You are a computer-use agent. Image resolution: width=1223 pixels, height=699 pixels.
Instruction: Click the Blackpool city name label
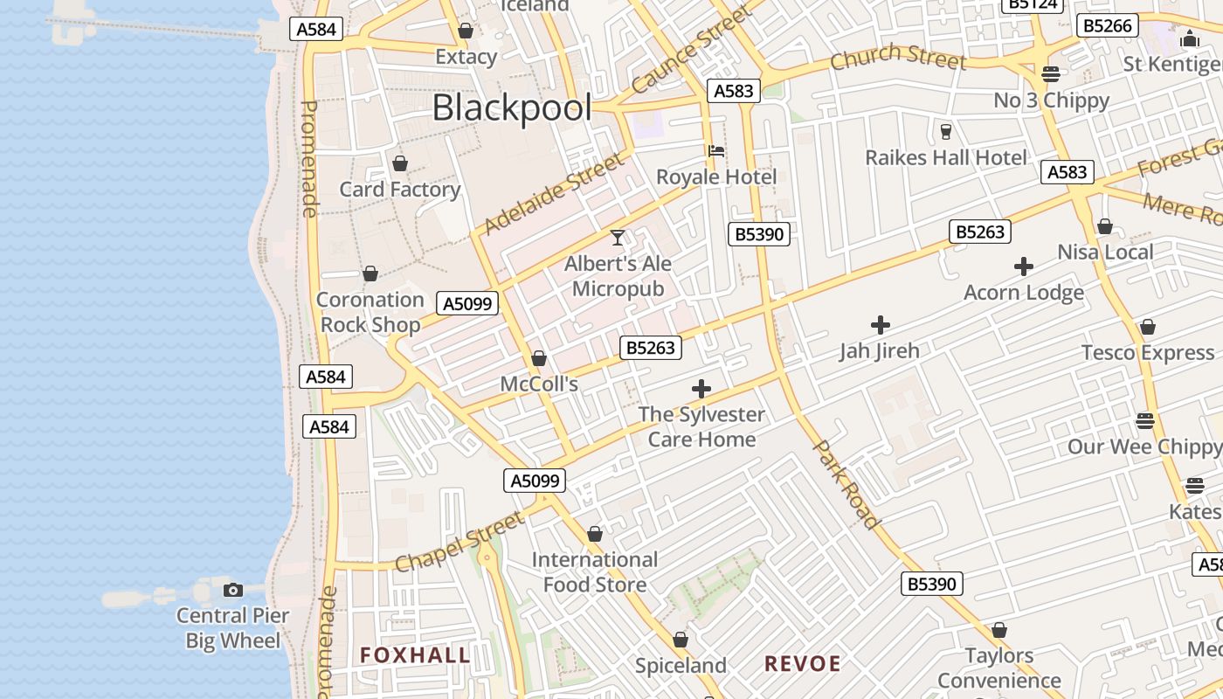tap(512, 108)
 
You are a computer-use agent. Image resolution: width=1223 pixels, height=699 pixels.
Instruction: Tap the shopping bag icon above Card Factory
tap(400, 163)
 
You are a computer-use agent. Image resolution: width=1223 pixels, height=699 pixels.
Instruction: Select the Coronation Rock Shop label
tap(370, 312)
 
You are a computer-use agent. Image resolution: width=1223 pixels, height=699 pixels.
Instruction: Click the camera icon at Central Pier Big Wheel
tap(232, 590)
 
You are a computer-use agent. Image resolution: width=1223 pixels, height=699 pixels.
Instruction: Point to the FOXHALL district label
tap(415, 655)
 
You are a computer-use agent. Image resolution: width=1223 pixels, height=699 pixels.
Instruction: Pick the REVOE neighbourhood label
tap(802, 664)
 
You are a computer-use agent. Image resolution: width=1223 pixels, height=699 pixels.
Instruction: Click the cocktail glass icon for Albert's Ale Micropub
tap(618, 237)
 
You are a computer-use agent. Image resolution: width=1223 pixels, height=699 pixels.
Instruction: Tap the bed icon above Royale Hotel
tap(716, 150)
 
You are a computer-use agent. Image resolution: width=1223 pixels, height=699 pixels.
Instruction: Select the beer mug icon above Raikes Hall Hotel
tap(945, 132)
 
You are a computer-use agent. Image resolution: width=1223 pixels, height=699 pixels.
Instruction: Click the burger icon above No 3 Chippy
tap(1051, 73)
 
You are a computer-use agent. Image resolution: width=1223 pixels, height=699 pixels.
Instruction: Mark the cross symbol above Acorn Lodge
tap(1024, 266)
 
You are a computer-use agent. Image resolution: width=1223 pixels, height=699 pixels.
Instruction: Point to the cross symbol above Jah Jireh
tap(880, 325)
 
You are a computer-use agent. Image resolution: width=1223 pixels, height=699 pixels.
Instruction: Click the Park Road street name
tap(846, 483)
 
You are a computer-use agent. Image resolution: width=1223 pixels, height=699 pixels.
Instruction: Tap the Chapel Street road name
tap(459, 542)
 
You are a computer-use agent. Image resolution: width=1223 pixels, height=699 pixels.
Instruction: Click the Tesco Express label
tap(1147, 353)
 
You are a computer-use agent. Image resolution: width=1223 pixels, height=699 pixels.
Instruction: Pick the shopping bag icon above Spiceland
tap(681, 640)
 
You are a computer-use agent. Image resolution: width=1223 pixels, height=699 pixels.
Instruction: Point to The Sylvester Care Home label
tap(701, 426)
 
